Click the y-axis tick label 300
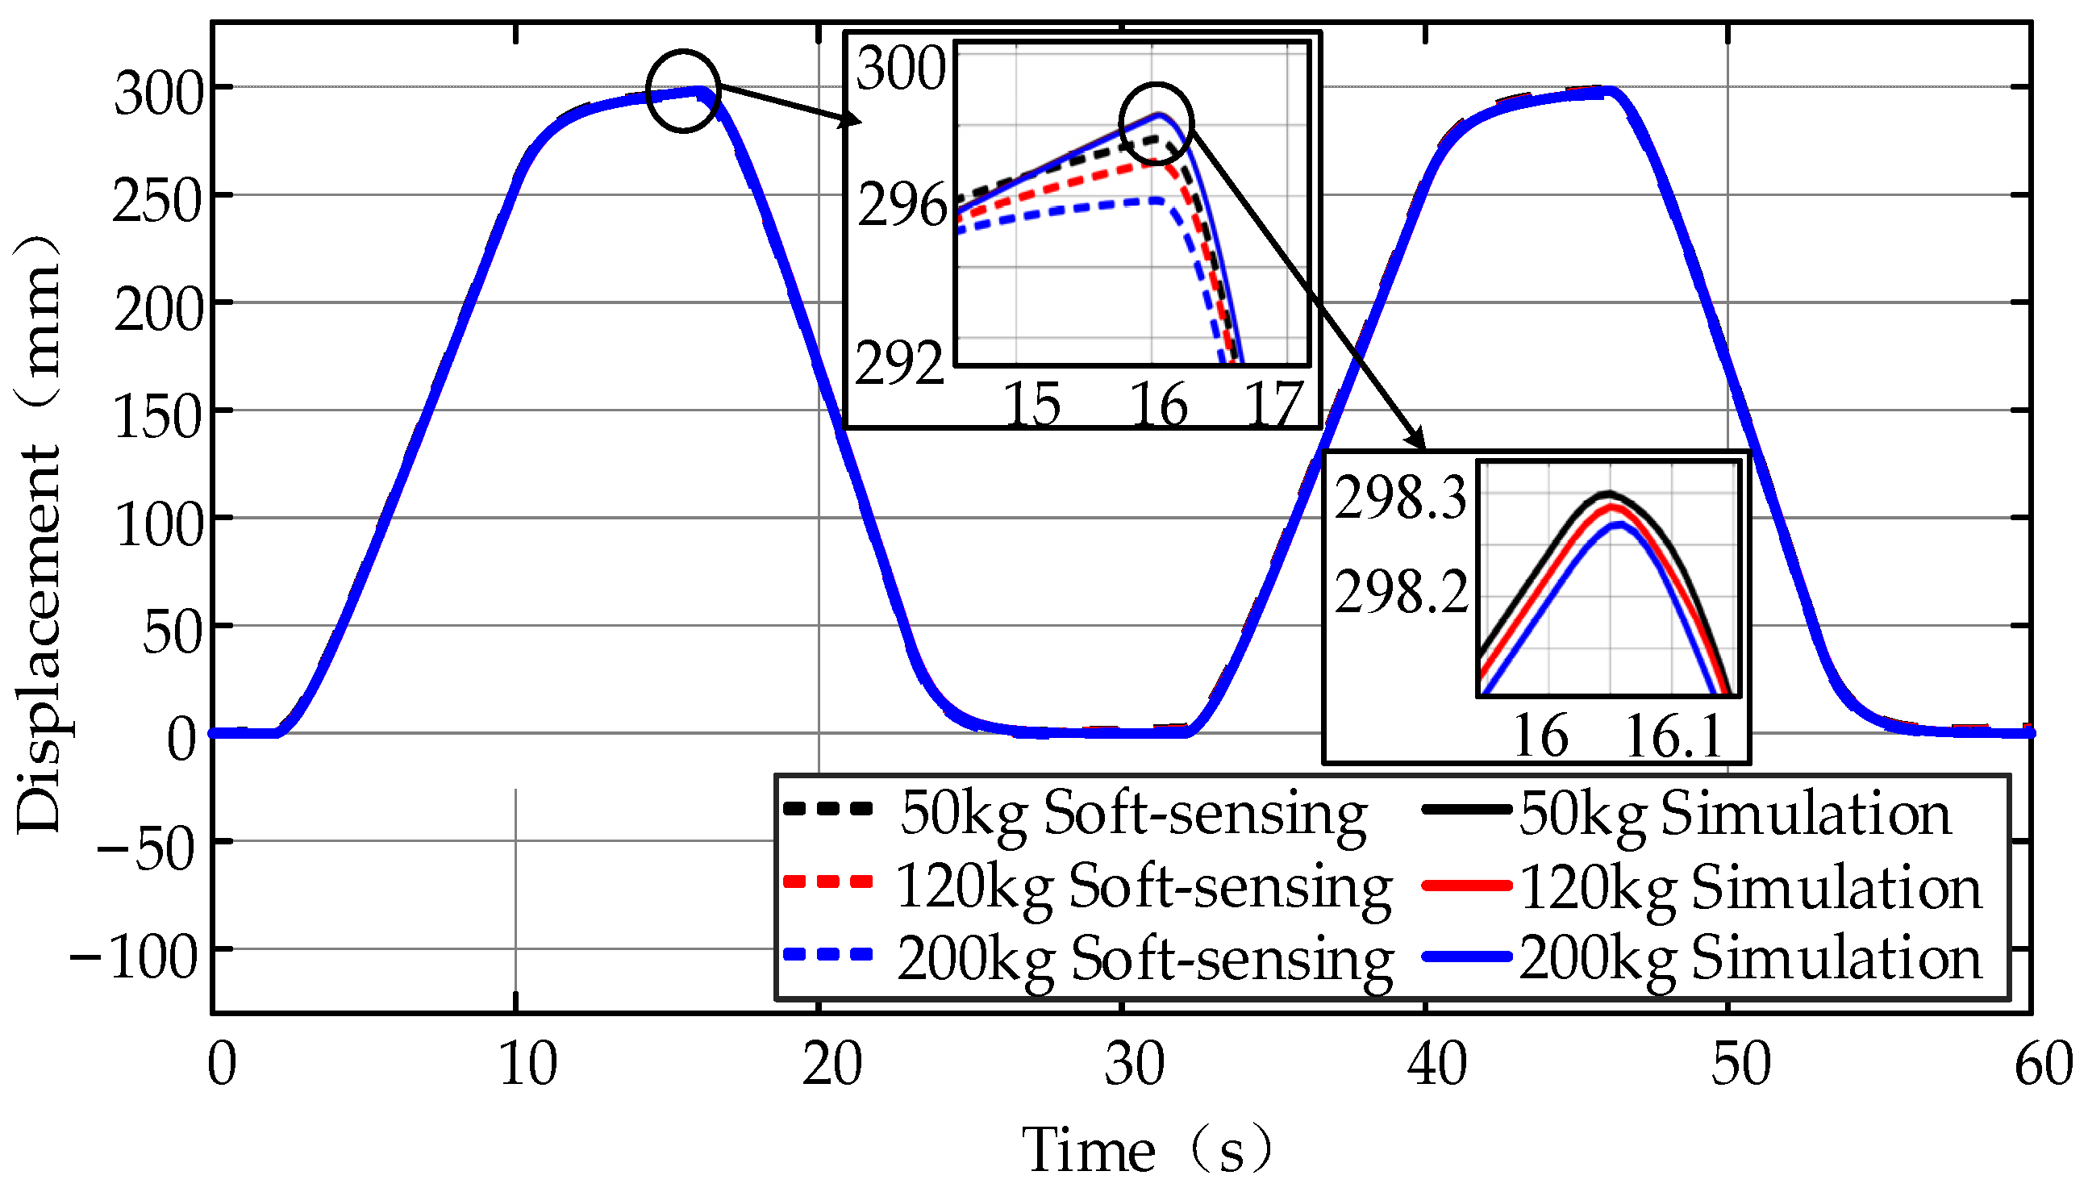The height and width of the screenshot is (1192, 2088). coord(158,94)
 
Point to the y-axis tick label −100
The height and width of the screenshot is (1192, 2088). coord(134,957)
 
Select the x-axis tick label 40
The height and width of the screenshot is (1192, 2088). coord(1436,1065)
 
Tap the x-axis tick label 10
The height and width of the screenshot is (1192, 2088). coord(528,1065)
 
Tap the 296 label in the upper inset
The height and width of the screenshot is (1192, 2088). coord(900,206)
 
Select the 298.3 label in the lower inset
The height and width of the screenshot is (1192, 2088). coord(1399,498)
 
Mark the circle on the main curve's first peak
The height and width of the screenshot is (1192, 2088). coord(682,91)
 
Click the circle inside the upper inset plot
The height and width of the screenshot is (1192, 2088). coord(1156,123)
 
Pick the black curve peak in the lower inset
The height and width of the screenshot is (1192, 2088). coord(1608,494)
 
